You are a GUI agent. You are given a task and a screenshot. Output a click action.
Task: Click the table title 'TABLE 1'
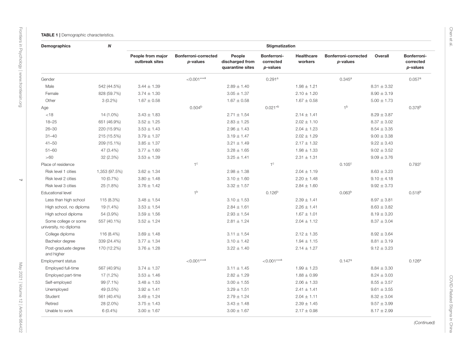49,35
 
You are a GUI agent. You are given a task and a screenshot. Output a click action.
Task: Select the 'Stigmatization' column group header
281,45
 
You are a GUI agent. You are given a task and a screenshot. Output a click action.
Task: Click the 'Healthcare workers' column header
306,59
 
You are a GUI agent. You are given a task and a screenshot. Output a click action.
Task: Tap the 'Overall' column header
381,56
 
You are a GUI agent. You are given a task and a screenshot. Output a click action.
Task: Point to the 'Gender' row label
48,79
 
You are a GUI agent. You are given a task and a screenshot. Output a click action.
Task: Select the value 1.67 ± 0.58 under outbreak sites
149,101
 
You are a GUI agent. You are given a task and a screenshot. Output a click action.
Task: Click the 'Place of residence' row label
57,164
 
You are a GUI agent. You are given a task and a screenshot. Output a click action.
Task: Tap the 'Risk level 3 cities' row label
62,185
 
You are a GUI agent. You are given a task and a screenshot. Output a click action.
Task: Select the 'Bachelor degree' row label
60,241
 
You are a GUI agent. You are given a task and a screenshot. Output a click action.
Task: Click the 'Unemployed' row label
56,289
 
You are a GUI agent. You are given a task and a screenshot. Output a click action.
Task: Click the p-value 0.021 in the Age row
272,108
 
